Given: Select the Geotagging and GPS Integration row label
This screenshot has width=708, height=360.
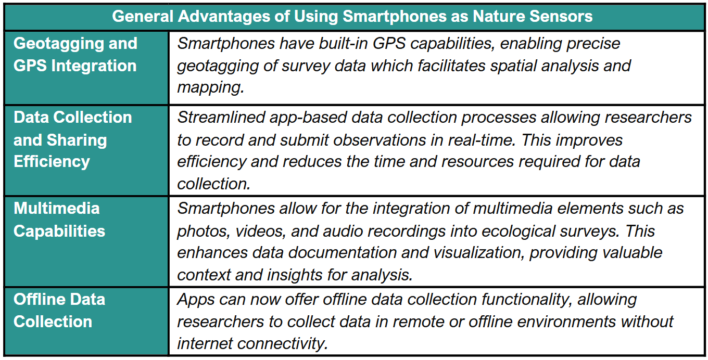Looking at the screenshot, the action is [75, 54].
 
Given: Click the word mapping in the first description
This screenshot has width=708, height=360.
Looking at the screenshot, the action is [210, 87].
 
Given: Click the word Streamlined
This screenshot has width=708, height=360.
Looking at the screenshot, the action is [221, 118].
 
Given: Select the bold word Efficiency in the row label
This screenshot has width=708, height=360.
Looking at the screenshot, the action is [52, 162].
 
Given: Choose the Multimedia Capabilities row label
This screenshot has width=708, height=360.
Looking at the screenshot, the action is [59, 220].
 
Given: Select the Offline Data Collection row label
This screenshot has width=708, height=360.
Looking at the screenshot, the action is [59, 311].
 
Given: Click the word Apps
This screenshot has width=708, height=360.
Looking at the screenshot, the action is [196, 300].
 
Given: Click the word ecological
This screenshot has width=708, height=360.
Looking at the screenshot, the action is [519, 231].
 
